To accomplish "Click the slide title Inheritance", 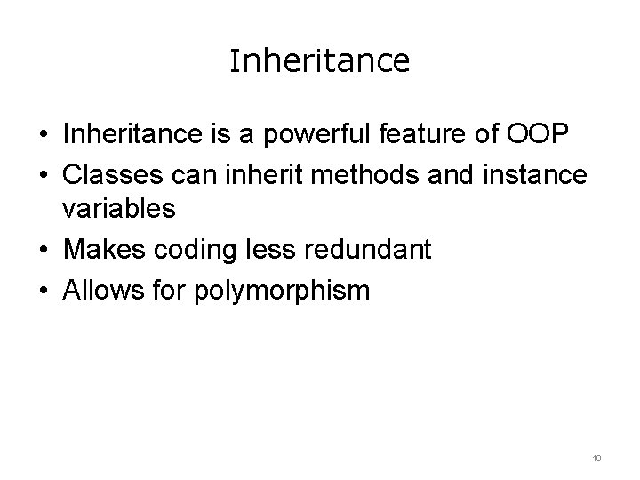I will (319, 61).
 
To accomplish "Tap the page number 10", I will (596, 458).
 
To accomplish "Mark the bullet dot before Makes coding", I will (44, 251).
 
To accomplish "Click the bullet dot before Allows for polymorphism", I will (44, 290).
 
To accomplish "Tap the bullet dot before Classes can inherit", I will (44, 174).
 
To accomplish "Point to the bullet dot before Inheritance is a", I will (44, 135).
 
